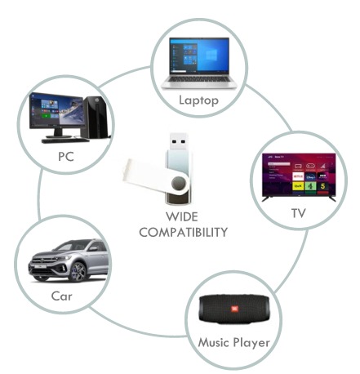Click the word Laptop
[198, 100]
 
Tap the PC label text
[66, 157]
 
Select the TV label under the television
[299, 213]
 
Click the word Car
[62, 296]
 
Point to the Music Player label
[234, 343]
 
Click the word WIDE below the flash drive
[182, 216]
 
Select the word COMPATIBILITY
[183, 232]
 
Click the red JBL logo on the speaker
[234, 309]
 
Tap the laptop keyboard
[199, 79]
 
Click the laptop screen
[199, 56]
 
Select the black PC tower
[96, 118]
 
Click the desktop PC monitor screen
[57, 110]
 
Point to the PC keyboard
[65, 140]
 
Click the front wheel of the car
[78, 271]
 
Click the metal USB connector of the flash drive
[179, 141]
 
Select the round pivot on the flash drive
[179, 184]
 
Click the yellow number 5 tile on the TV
[322, 186]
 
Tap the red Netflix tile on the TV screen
[298, 176]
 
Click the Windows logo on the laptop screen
[211, 56]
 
